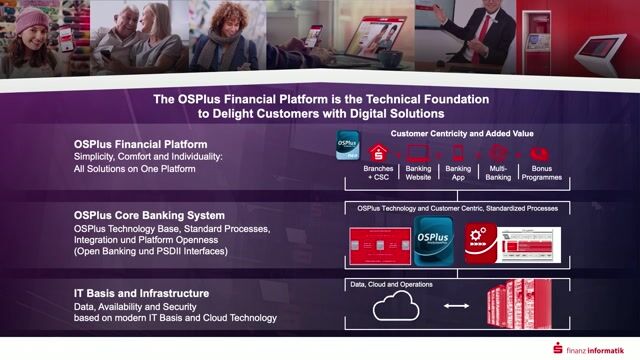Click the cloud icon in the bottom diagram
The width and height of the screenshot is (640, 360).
396,304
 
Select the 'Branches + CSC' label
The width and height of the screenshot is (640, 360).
379,172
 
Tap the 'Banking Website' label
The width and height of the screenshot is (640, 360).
419,172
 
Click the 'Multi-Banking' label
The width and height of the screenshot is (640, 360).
499,172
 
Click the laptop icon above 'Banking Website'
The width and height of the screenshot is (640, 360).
419,153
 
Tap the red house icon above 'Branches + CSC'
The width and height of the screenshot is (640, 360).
379,153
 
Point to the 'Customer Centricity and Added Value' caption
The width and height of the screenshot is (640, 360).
460,133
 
